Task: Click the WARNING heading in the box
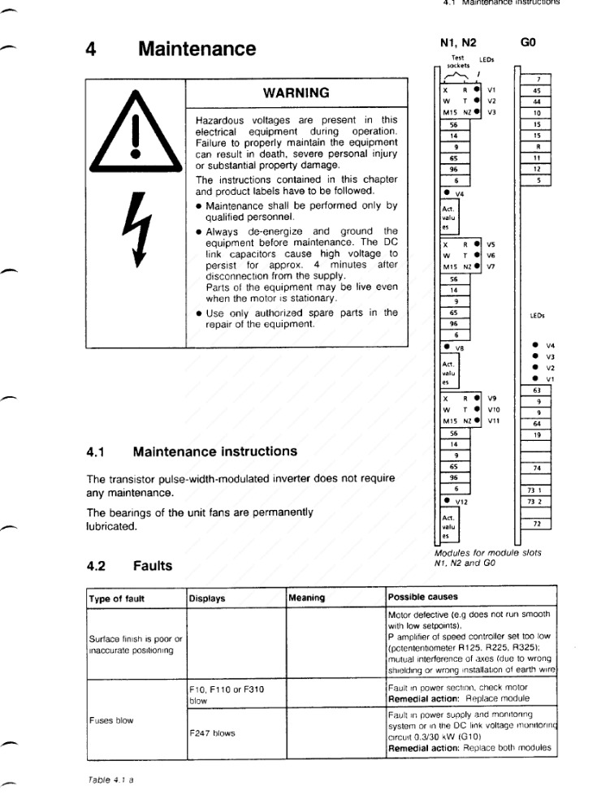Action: tap(296, 93)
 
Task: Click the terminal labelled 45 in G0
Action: tap(537, 90)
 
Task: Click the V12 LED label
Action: tap(463, 503)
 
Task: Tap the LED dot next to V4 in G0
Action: tap(534, 345)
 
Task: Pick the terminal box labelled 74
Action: tap(537, 469)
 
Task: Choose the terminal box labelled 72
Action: tap(537, 524)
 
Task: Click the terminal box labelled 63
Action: tap(537, 391)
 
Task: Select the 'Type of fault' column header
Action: tap(117, 598)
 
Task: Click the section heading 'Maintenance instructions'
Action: tap(214, 451)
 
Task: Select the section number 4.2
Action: tap(98, 565)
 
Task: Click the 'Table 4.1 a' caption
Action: tap(110, 780)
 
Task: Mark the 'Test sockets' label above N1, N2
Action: tap(458, 61)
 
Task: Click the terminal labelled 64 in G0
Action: tap(537, 423)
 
